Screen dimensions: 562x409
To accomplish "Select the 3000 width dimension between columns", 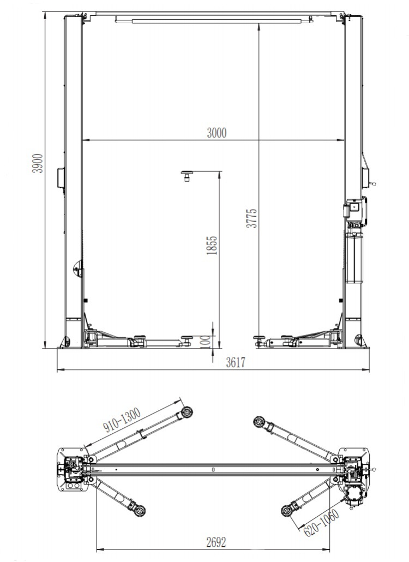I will pyautogui.click(x=216, y=133).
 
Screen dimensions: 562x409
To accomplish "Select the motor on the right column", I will pyautogui.click(x=355, y=210).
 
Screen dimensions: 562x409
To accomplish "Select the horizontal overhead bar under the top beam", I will pyautogui.click(x=213, y=21).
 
